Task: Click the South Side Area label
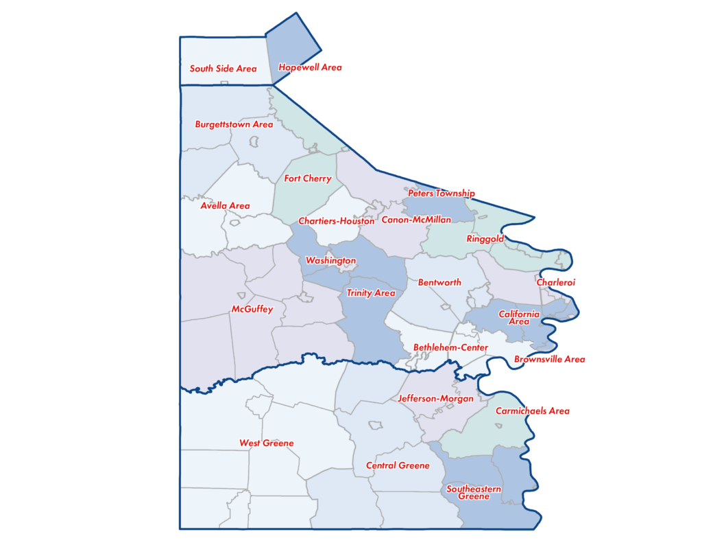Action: point(223,69)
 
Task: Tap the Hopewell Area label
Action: point(310,68)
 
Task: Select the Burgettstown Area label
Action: point(234,125)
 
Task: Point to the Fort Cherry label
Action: point(308,179)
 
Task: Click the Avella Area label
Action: point(225,206)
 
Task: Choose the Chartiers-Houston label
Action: point(337,222)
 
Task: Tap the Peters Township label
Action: point(441,194)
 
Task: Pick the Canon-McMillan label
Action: point(416,220)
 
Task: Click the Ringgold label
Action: point(485,240)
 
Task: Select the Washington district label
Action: point(330,261)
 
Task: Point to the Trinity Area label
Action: point(371,293)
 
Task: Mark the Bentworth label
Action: point(439,283)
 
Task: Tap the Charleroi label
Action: point(556,282)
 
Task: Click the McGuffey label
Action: point(252,310)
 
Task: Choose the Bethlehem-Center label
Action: point(450,348)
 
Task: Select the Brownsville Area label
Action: point(550,360)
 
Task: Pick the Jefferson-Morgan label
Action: point(435,399)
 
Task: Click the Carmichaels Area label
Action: point(533,411)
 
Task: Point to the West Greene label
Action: point(266,443)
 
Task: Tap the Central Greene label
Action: point(398,465)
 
